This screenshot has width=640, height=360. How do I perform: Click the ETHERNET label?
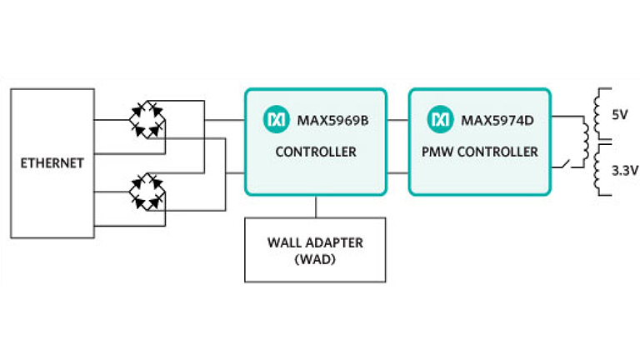(52, 163)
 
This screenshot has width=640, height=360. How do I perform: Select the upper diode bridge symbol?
(147, 119)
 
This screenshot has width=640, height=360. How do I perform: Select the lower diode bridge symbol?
(147, 191)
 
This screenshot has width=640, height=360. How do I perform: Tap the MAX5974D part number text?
(497, 121)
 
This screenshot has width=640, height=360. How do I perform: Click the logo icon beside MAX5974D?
(439, 121)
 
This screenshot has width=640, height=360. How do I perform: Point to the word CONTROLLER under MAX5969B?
(315, 152)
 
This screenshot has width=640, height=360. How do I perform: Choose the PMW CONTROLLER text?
(481, 152)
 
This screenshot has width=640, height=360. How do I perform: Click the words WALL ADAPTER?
(315, 242)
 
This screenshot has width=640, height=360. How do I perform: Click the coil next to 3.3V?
(597, 170)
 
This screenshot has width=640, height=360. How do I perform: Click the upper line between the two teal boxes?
(397, 121)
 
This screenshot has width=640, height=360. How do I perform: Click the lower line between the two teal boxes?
(397, 172)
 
